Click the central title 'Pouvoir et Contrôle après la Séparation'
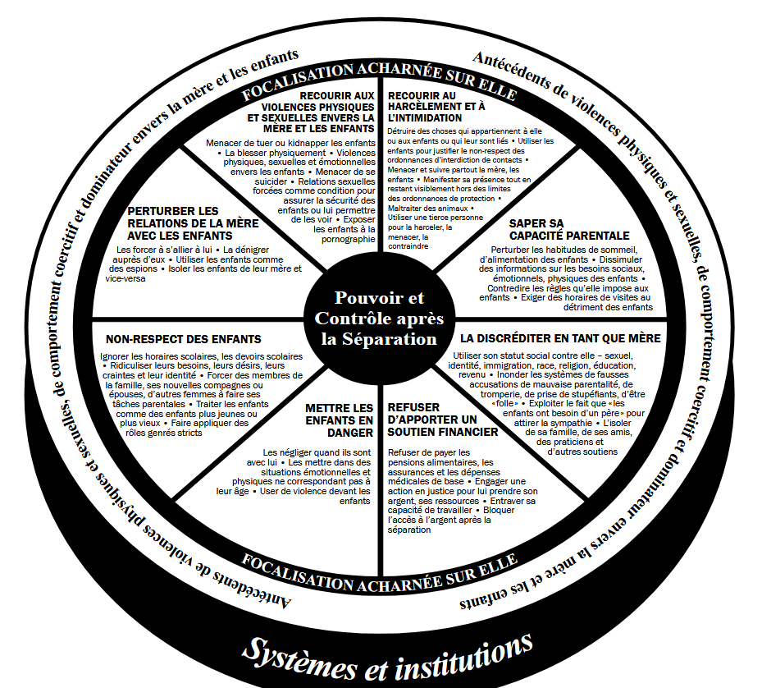point(380,319)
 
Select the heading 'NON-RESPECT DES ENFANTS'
point(184,339)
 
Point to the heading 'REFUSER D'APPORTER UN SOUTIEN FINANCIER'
point(442,420)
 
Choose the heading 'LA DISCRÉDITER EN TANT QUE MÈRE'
point(560,338)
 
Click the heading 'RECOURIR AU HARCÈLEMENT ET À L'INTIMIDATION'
point(436,107)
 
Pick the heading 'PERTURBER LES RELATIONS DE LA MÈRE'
point(185,223)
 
